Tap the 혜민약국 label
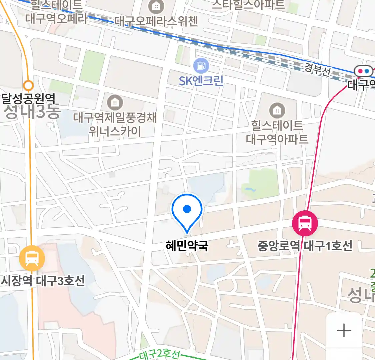click(187, 246)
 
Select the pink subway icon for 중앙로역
click(305, 223)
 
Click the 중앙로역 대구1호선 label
click(305, 246)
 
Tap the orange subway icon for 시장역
click(32, 258)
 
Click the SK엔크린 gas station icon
click(201, 65)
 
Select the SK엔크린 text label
click(201, 81)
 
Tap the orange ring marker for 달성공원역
click(29, 86)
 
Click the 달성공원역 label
click(28, 99)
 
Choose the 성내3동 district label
click(32, 112)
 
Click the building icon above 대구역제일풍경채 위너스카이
click(115, 102)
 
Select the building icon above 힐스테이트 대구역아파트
click(277, 110)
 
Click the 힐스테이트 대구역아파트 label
click(277, 132)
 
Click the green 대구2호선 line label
click(159, 354)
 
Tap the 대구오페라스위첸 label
click(157, 21)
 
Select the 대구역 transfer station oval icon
click(363, 71)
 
